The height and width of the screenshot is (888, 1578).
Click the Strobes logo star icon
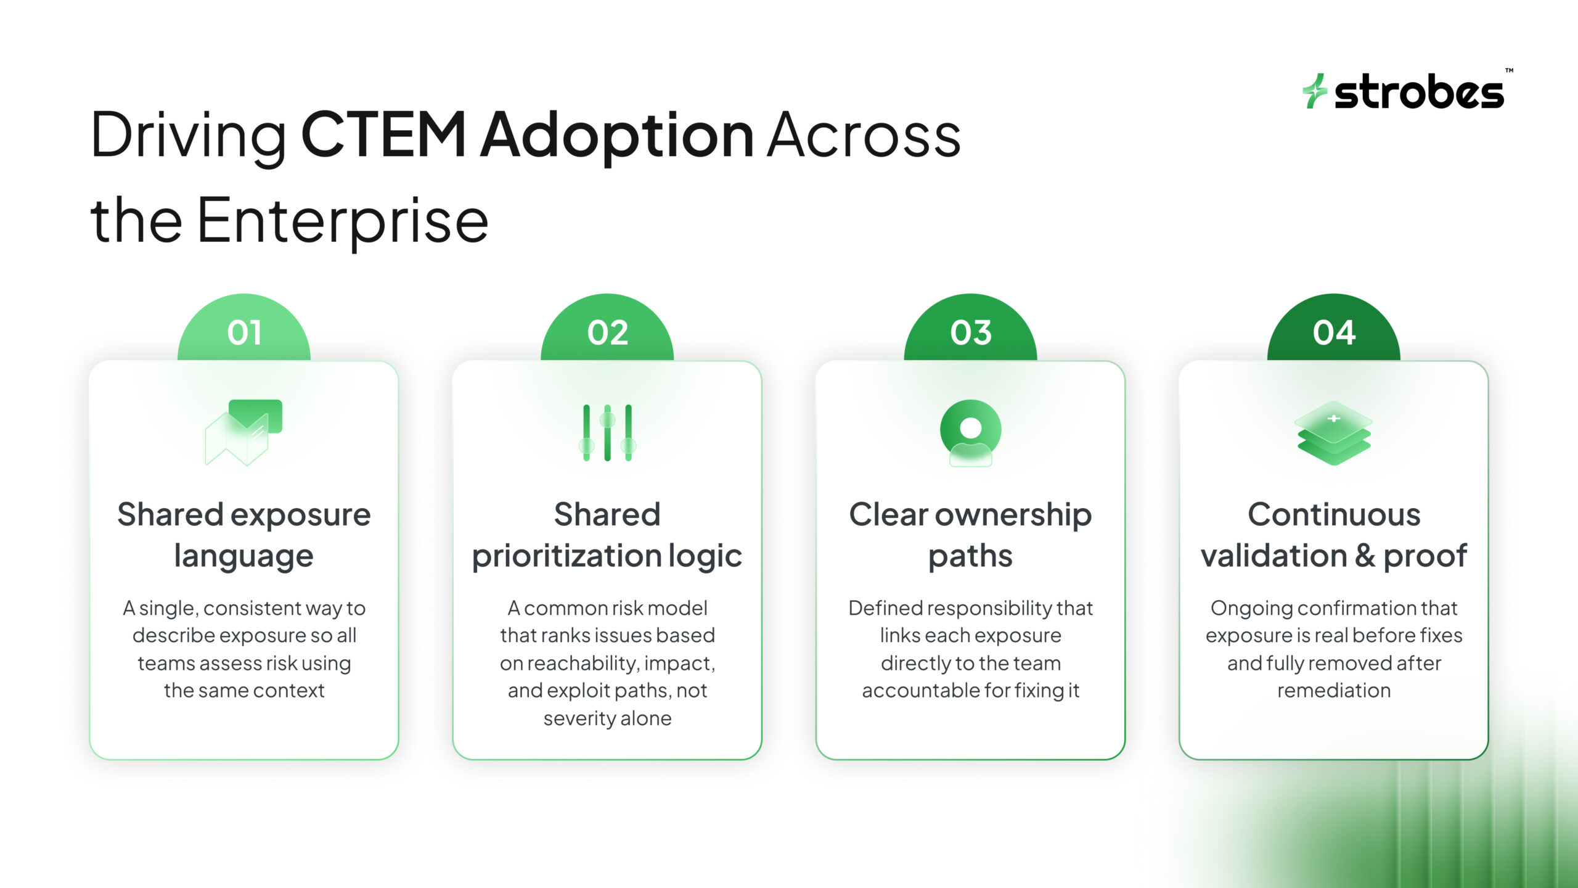(x=1315, y=91)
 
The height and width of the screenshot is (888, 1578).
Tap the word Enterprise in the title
(x=342, y=221)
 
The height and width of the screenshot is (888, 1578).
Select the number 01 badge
(x=244, y=332)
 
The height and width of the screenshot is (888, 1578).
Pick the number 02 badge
(x=607, y=332)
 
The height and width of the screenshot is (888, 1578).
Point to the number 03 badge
(x=970, y=332)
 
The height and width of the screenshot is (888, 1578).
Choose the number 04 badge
(x=1334, y=332)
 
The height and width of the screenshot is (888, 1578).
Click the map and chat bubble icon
(x=243, y=432)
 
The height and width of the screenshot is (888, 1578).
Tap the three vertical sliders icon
(x=607, y=432)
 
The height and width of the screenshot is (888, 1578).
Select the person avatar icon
(x=970, y=432)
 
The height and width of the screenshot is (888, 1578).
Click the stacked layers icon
(x=1334, y=432)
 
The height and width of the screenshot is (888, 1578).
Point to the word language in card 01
(x=243, y=557)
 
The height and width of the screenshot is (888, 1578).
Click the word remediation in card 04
(x=1334, y=691)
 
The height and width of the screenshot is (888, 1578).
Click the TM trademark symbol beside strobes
(x=1509, y=71)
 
